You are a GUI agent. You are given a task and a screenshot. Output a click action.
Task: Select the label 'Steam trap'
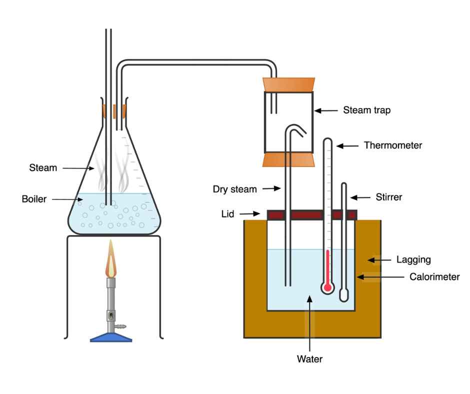(x=366, y=110)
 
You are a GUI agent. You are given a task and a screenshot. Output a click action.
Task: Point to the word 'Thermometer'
(x=393, y=145)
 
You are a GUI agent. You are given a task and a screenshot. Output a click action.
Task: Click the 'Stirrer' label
(x=388, y=196)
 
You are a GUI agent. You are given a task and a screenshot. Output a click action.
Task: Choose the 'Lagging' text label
(x=413, y=259)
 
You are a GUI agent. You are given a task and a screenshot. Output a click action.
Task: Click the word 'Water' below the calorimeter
(x=310, y=358)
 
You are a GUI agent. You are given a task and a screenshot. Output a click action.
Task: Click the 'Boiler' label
(x=34, y=199)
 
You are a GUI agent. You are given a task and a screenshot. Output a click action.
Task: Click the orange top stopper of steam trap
(x=288, y=84)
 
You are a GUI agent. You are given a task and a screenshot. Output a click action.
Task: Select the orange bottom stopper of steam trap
(x=288, y=160)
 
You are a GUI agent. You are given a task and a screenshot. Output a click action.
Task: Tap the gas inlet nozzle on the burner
(x=120, y=326)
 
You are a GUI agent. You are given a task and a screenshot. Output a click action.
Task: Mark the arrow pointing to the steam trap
(x=327, y=110)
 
